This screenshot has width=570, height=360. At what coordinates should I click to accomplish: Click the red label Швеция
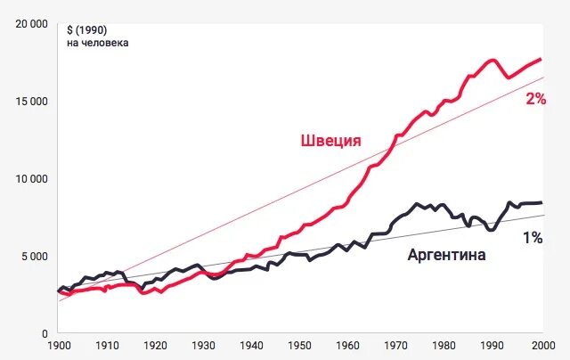pyautogui.click(x=330, y=141)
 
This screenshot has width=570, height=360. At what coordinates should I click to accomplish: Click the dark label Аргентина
pyautogui.click(x=446, y=255)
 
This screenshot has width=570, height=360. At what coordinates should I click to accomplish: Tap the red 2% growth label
pyautogui.click(x=535, y=99)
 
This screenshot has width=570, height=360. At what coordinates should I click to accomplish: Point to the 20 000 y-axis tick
pyautogui.click(x=32, y=24)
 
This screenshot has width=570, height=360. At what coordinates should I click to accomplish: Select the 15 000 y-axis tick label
pyautogui.click(x=32, y=102)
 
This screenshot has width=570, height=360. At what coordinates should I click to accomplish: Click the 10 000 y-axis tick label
pyautogui.click(x=32, y=179)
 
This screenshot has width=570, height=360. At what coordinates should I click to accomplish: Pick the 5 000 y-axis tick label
pyautogui.click(x=35, y=257)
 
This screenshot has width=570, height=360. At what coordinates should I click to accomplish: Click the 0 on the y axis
pyautogui.click(x=45, y=333)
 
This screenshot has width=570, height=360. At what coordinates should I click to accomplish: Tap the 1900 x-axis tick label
pyautogui.click(x=59, y=346)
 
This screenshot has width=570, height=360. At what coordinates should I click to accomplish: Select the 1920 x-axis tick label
pyautogui.click(x=155, y=346)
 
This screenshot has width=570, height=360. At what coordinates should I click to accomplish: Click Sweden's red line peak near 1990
pyautogui.click(x=493, y=61)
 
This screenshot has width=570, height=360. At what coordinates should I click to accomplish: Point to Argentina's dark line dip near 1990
pyautogui.click(x=490, y=230)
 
